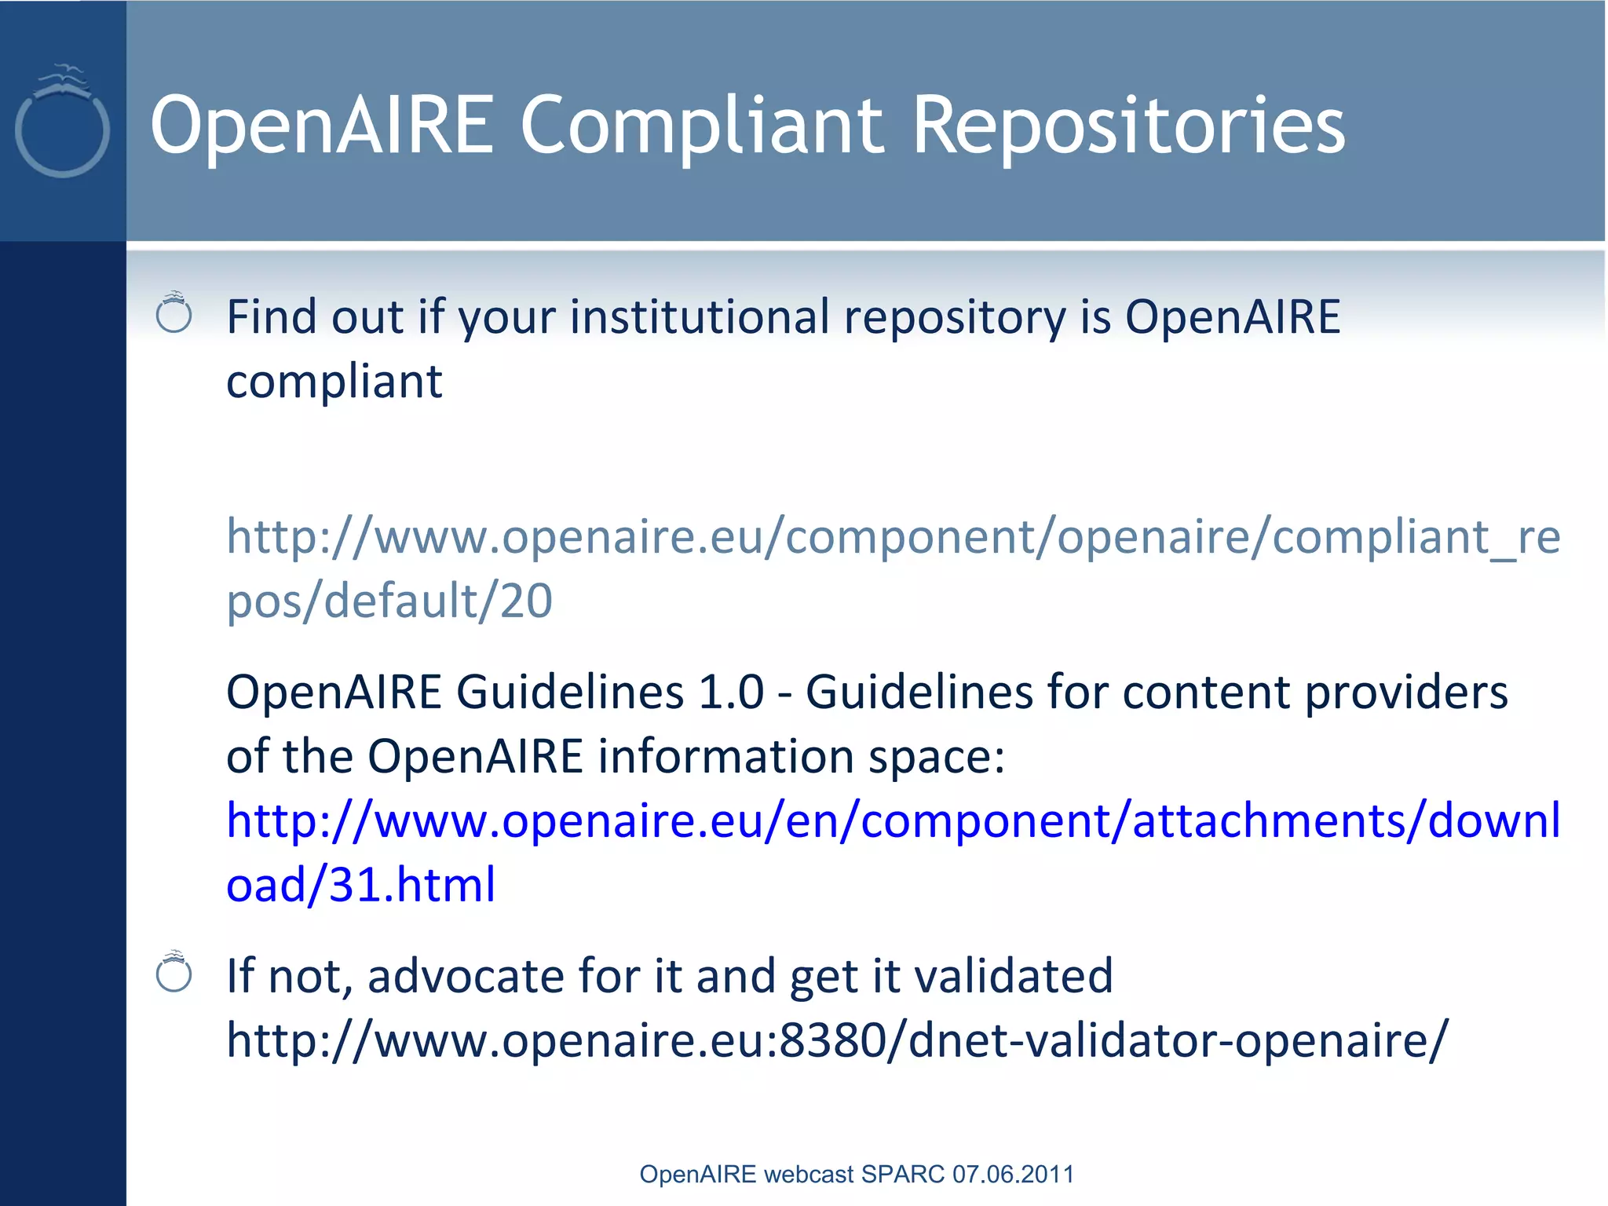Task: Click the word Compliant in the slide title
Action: (x=702, y=126)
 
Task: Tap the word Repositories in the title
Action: (x=1128, y=126)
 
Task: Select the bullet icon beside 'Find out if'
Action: (x=174, y=312)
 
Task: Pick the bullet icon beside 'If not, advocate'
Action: (x=174, y=972)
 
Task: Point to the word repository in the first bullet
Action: (x=954, y=318)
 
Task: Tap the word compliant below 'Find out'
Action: (x=334, y=382)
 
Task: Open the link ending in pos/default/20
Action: (x=389, y=601)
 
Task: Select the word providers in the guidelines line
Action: (x=1405, y=693)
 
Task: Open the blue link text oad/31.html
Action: (x=360, y=885)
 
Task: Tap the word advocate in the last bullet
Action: (x=465, y=976)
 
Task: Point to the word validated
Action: (x=1014, y=976)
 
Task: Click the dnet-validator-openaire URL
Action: (x=837, y=1040)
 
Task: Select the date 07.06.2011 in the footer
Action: (x=1013, y=1174)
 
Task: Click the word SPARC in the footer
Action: (x=903, y=1174)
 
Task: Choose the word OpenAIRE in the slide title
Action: (x=322, y=126)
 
